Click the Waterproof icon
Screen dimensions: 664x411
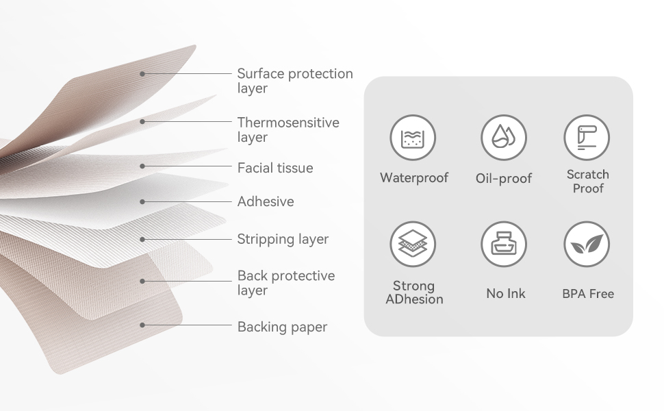click(x=413, y=137)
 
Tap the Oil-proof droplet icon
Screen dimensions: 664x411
click(x=503, y=137)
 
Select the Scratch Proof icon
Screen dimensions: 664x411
click(x=587, y=137)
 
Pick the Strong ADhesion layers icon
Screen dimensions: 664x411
click(x=413, y=244)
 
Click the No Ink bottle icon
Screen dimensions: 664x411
click(x=504, y=244)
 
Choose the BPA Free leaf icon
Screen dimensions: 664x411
click(x=587, y=244)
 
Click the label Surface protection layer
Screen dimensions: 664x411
click(x=294, y=81)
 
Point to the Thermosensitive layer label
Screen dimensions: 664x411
click(x=288, y=129)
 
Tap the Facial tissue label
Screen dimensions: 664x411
click(x=274, y=168)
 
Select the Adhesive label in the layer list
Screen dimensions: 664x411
click(x=265, y=201)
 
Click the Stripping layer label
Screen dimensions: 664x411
click(x=283, y=239)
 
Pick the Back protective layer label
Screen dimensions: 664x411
click(x=285, y=283)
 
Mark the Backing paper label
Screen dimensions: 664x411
click(x=282, y=327)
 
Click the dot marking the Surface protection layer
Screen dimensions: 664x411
click(x=142, y=73)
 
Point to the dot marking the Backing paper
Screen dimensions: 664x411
click(x=142, y=325)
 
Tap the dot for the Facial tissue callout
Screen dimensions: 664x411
click(x=142, y=166)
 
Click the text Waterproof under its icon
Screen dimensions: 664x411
click(x=413, y=178)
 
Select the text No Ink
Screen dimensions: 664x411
click(x=505, y=294)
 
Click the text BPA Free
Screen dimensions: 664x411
click(x=587, y=294)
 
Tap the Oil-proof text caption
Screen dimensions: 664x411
click(x=503, y=179)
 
